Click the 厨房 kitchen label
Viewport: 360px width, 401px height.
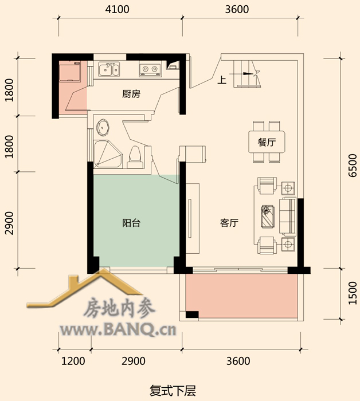coord(131,94)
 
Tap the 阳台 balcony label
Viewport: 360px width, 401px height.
coord(131,223)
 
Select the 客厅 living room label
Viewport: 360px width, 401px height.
coord(229,223)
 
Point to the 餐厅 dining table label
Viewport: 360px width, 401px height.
coord(267,142)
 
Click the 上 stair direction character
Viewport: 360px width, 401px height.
coord(222,80)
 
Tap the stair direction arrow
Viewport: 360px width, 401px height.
coord(244,74)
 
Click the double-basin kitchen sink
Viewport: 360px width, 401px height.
coord(109,69)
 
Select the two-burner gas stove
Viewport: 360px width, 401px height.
coord(150,69)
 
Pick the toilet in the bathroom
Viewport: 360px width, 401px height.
coord(135,157)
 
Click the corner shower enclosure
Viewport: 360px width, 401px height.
coord(108,154)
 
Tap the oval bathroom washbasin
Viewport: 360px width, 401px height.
coord(103,127)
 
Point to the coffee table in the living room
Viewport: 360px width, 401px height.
coord(268,217)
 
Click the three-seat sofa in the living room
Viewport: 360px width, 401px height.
coord(288,217)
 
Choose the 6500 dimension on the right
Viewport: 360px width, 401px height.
coord(353,165)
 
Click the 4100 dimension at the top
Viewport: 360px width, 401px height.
coord(117,10)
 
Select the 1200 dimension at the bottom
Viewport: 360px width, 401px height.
coord(73,361)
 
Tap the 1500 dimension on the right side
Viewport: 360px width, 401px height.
coord(353,293)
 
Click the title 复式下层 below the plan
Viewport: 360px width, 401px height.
coord(173,391)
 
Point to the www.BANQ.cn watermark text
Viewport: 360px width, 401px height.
coord(118,330)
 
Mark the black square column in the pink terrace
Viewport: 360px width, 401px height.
coord(192,314)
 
